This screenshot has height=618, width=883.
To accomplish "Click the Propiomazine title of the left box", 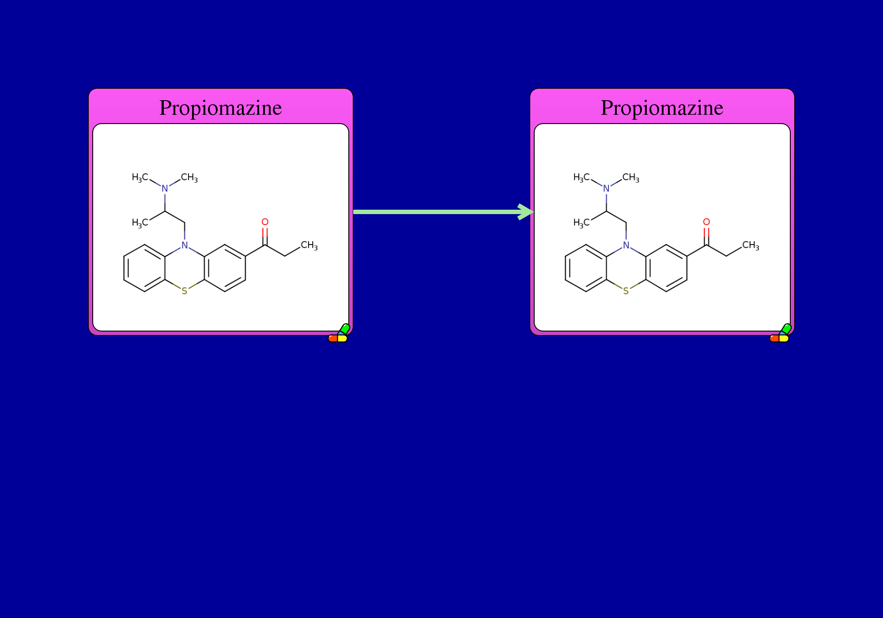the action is [x=221, y=108].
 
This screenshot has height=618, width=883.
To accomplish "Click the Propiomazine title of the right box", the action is [x=662, y=108].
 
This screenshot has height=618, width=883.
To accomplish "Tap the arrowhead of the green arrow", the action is [x=526, y=212].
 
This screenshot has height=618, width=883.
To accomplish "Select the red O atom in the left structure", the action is [x=265, y=222].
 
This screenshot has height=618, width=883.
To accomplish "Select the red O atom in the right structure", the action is [x=706, y=222].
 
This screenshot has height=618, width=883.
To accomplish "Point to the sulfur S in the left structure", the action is [x=185, y=291].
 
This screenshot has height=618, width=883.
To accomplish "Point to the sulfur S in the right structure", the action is [x=626, y=291].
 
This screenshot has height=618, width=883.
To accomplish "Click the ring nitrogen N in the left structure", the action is [x=185, y=245].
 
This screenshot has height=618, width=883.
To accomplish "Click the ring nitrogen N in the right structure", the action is [x=626, y=245].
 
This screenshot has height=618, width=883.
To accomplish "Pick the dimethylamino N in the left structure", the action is [x=165, y=188].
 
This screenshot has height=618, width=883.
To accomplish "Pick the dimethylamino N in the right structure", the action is [x=606, y=188].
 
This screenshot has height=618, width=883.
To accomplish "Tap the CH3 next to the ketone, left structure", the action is [x=309, y=245].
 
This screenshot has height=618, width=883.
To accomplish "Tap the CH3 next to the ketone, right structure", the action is [x=751, y=245].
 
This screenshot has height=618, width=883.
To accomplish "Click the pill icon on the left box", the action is [x=339, y=333].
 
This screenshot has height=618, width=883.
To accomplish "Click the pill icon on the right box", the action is [x=780, y=333].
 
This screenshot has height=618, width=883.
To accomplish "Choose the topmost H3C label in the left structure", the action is [x=140, y=177].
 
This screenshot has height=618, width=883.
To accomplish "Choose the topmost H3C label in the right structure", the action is [x=581, y=177].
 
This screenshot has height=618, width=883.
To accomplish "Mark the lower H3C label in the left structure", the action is [x=140, y=223].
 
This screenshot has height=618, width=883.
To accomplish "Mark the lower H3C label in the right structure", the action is [x=581, y=223].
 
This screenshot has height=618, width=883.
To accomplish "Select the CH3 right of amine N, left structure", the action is [x=189, y=177].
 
